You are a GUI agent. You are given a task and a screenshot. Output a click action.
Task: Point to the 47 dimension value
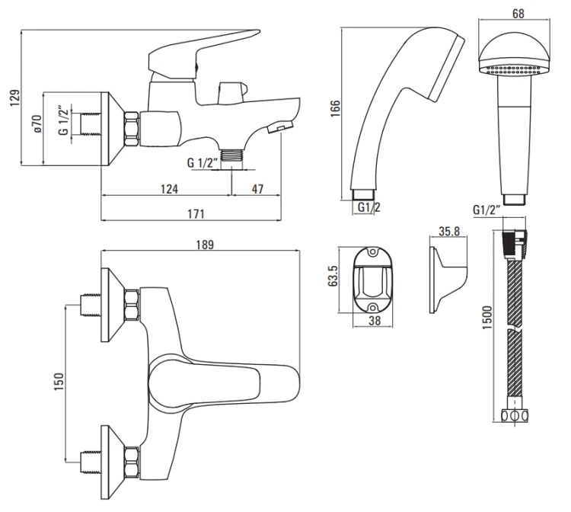coord(259,189)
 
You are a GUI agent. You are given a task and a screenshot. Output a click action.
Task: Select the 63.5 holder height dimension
coord(333,275)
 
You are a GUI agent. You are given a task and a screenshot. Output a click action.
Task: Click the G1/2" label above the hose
coord(487,210)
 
